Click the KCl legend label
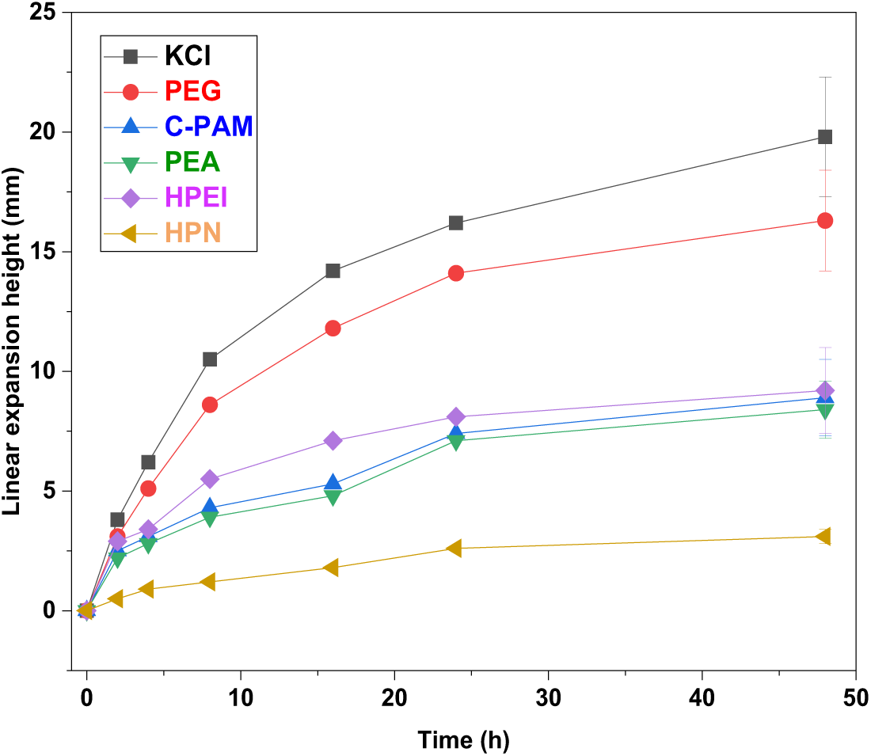click(x=188, y=56)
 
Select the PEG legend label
click(x=194, y=92)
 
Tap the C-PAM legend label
click(x=209, y=127)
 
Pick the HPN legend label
click(x=193, y=232)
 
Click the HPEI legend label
click(x=196, y=197)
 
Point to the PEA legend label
click(x=193, y=162)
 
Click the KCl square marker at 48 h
click(x=825, y=137)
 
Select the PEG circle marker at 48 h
click(x=825, y=221)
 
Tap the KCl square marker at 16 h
click(x=333, y=271)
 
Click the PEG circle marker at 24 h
click(x=456, y=273)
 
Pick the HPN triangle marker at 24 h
click(x=455, y=549)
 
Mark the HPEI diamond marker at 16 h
click(x=333, y=441)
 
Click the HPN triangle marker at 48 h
click(x=823, y=537)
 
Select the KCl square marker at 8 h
click(x=210, y=359)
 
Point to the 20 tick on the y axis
click(x=71, y=132)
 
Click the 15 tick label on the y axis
click(x=47, y=252)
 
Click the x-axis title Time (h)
click(x=464, y=740)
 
